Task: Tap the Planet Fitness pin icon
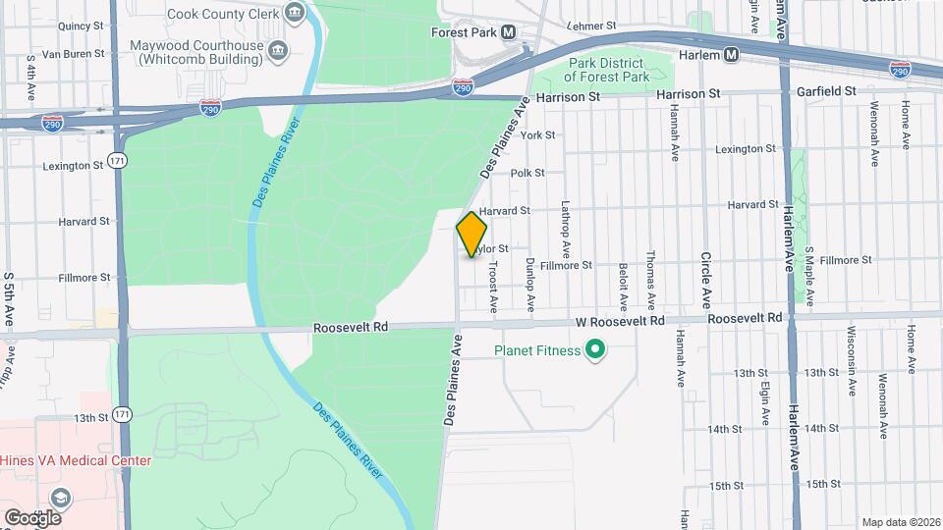594,349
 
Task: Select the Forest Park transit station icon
509,32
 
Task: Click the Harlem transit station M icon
731,55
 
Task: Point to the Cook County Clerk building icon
294,13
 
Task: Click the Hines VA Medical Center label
76,460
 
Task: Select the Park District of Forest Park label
608,70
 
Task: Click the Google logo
32,517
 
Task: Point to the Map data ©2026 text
900,522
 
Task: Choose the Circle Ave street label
706,279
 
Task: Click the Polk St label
527,173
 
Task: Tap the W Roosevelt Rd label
620,320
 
